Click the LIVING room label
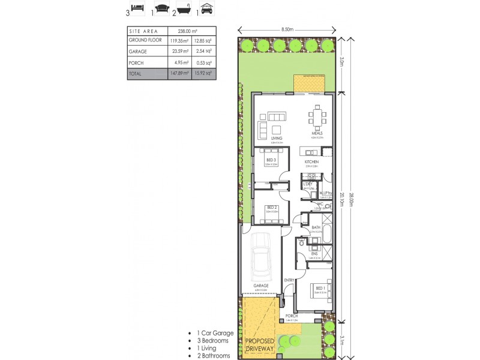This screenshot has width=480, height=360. (277, 138)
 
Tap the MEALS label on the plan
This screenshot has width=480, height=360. (317, 133)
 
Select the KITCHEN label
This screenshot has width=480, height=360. (311, 162)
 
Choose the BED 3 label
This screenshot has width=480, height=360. (271, 160)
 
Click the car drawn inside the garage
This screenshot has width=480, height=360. (260, 252)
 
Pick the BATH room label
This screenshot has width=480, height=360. (316, 227)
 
